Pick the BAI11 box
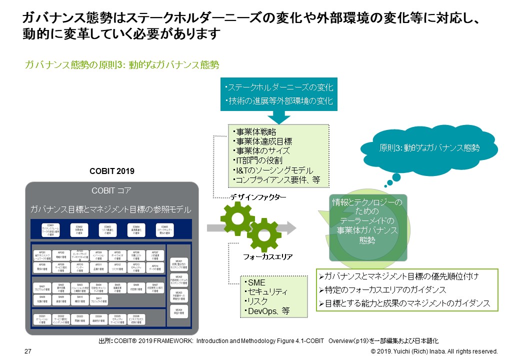pyautogui.click(x=98, y=300)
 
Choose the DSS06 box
pyautogui.click(x=136, y=319)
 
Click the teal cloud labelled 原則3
pyautogui.click(x=429, y=148)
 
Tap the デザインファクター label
pyautogui.click(x=258, y=197)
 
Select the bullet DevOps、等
pyautogui.click(x=268, y=311)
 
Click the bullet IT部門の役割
pyautogui.click(x=257, y=160)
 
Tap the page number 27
pyautogui.click(x=28, y=351)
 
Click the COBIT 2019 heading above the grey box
pyautogui.click(x=112, y=171)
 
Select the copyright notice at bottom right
pyautogui.click(x=433, y=351)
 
